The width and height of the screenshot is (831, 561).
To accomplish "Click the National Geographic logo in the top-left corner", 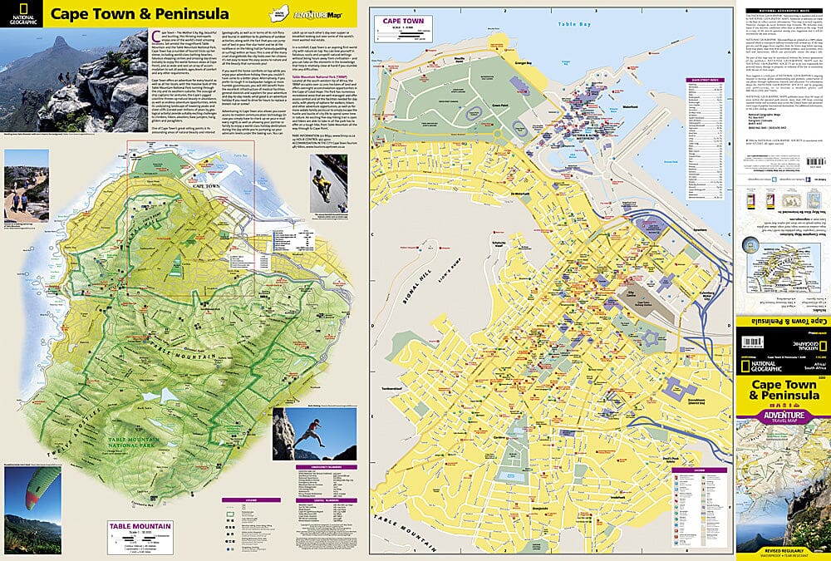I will coord(23,14).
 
